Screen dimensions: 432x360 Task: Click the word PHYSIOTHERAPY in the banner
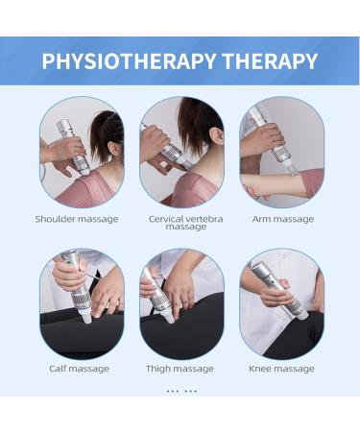pos(129,62)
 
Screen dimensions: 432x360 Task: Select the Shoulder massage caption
pos(77,219)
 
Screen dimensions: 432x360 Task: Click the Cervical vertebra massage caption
pos(185,223)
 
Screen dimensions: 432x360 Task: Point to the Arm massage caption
pos(281,219)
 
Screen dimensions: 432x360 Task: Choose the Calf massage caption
pos(79,369)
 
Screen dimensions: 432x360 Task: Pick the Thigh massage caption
pos(180,369)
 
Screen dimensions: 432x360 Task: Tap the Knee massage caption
pos(281,369)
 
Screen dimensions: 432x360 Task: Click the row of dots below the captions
pos(180,392)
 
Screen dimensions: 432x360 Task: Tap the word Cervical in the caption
pos(165,219)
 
